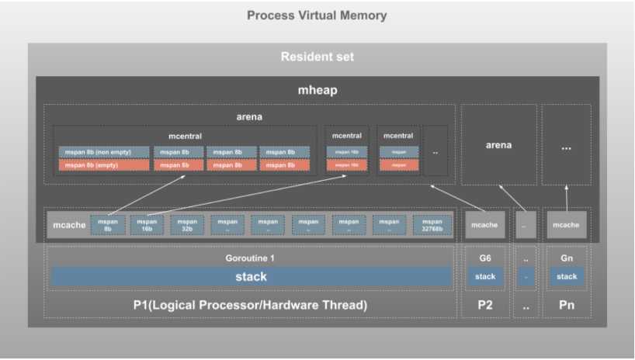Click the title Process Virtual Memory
pos(317,16)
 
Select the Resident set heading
pos(317,57)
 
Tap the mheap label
pos(317,90)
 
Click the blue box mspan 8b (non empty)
pos(103,152)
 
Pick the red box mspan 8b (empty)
pos(103,165)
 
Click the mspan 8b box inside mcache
pos(107,225)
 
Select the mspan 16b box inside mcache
pos(147,225)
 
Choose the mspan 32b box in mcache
pos(187,225)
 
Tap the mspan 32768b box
pos(432,225)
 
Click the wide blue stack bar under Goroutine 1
pos(250,276)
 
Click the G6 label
pos(485,258)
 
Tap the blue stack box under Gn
pos(567,276)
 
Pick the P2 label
pos(485,305)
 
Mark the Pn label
pos(567,305)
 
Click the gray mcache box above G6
pos(485,225)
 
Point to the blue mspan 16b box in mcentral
pos(346,152)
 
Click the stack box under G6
pos(485,276)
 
